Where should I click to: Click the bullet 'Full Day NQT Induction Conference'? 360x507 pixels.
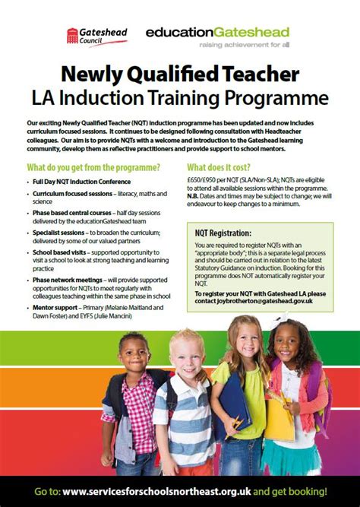(x=82, y=182)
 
